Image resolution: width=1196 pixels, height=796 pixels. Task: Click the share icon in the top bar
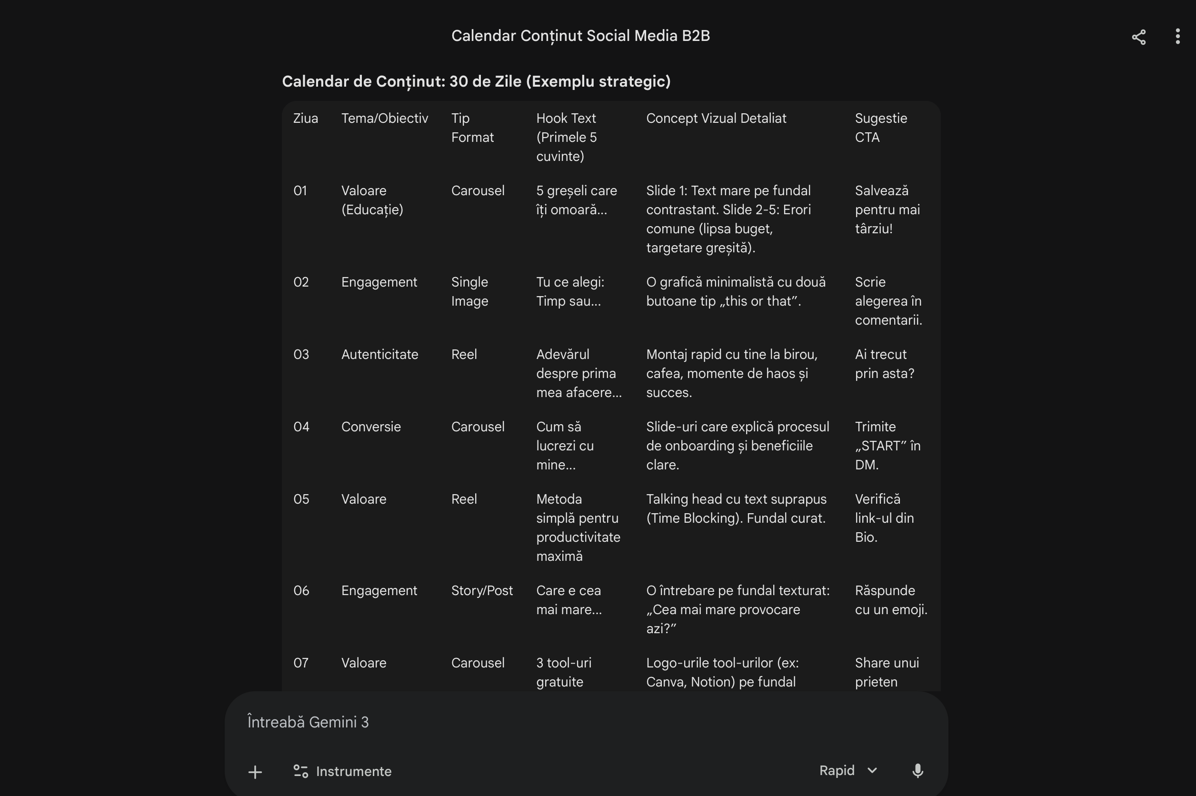click(1139, 37)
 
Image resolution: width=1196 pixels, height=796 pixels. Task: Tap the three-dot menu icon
click(1177, 37)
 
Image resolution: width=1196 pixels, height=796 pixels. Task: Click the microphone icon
click(917, 771)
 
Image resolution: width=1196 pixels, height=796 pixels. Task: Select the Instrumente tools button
click(343, 771)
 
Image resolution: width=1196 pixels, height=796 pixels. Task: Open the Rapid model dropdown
click(848, 771)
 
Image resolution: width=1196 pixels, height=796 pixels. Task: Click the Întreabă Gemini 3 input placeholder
click(308, 722)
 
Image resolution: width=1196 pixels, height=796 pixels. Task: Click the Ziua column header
click(306, 118)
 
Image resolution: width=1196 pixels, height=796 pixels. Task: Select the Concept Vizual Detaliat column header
click(716, 118)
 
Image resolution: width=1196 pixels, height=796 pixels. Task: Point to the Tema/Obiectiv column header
click(384, 118)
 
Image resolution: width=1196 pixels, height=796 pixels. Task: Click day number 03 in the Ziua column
click(301, 354)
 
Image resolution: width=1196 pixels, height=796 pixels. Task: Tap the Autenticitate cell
click(379, 354)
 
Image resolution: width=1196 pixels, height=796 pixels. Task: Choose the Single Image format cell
click(469, 291)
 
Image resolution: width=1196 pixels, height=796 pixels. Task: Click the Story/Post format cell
click(482, 590)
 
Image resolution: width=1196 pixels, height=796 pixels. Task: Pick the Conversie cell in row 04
click(370, 427)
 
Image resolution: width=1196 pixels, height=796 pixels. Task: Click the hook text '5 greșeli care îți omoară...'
click(576, 200)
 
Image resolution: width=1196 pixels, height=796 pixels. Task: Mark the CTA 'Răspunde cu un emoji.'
click(891, 600)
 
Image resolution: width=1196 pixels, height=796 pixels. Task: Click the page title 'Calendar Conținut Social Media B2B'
click(580, 36)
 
